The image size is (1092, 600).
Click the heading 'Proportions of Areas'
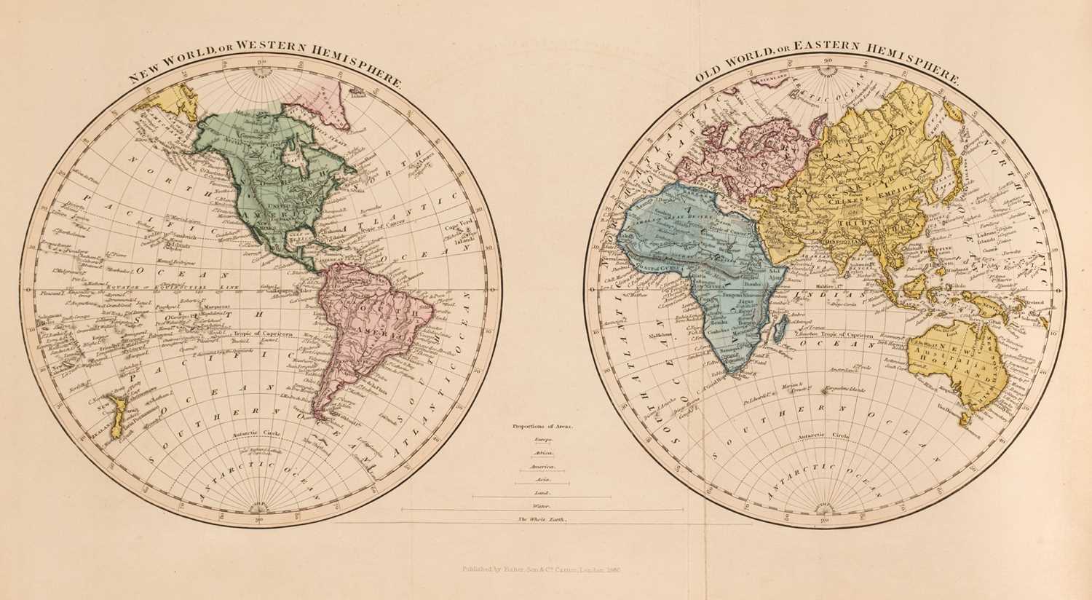tap(542, 427)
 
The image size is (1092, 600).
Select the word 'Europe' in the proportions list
tap(542, 441)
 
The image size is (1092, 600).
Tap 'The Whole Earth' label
tap(542, 519)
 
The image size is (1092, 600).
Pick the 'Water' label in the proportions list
tap(542, 505)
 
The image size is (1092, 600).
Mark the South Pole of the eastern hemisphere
tap(823, 510)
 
